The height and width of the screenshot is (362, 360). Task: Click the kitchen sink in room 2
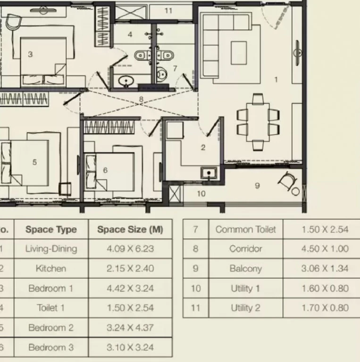[209, 173]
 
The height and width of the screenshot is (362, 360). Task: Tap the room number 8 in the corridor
[141, 99]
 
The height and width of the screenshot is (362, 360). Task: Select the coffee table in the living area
[239, 53]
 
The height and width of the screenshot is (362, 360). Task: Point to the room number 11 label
[168, 11]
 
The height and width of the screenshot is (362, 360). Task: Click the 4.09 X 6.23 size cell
[130, 249]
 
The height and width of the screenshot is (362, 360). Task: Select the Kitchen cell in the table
[51, 269]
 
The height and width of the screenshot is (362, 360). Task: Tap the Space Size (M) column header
[130, 229]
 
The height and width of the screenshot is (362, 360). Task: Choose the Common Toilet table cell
[246, 229]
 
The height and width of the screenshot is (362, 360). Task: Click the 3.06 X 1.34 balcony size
[325, 269]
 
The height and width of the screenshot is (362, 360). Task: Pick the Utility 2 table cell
[246, 308]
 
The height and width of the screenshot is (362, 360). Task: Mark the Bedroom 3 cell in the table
[51, 347]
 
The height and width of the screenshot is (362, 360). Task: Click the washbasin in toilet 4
[126, 81]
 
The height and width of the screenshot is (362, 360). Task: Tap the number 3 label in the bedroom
[30, 54]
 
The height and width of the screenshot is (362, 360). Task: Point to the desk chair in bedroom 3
[13, 22]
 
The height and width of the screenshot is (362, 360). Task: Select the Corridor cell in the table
[246, 249]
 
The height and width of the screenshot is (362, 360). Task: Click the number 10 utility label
[201, 193]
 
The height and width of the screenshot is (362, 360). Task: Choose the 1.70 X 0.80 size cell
[325, 308]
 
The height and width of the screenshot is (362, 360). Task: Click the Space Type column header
[51, 229]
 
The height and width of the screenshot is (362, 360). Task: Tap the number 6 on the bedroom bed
[105, 170]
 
